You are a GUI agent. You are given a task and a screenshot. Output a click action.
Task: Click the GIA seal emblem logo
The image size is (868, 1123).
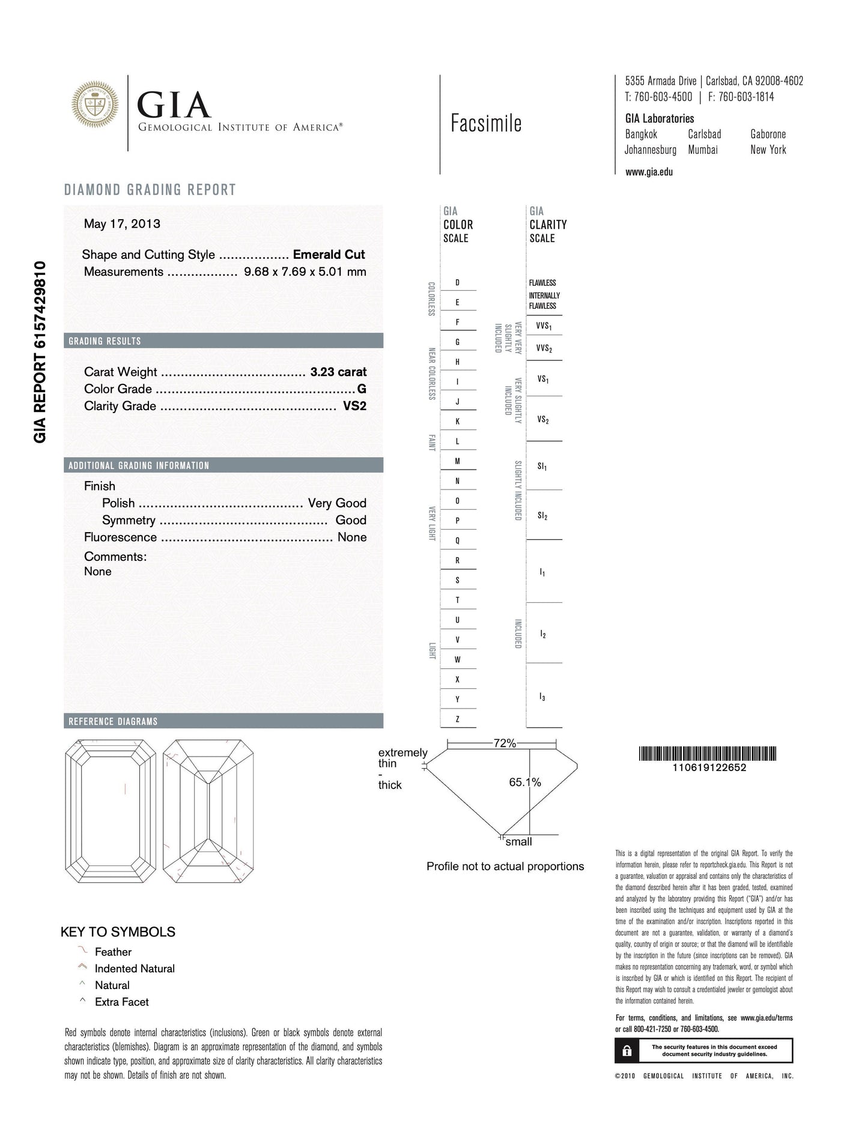[95, 104]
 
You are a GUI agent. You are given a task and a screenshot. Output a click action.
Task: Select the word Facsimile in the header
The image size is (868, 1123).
[486, 124]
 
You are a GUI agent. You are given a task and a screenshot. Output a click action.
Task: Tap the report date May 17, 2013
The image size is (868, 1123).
[122, 224]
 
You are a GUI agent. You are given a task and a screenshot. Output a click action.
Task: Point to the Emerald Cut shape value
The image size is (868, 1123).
[329, 255]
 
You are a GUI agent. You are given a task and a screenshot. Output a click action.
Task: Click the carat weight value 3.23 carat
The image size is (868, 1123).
[338, 372]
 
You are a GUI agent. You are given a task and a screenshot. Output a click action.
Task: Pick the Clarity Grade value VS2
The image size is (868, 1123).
[354, 406]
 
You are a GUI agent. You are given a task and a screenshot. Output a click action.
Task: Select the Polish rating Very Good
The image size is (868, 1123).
[337, 503]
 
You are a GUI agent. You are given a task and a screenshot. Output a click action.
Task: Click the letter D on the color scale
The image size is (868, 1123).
[458, 282]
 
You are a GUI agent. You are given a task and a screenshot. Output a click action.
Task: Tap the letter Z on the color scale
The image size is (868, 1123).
[458, 719]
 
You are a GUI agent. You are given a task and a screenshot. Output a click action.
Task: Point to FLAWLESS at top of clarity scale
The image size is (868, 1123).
[542, 283]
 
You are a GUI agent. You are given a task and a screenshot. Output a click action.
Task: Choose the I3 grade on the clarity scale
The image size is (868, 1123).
[542, 697]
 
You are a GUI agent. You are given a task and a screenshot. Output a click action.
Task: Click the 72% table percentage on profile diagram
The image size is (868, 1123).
[505, 743]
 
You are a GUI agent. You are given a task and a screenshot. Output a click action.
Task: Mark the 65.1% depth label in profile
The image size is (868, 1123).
[525, 782]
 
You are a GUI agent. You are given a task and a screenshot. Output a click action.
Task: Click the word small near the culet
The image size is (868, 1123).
[518, 842]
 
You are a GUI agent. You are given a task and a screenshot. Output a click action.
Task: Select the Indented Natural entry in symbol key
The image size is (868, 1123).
[135, 969]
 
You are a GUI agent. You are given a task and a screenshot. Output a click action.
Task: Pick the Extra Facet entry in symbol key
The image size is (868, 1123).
[121, 1002]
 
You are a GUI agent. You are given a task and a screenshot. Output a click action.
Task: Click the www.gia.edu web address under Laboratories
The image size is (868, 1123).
[649, 172]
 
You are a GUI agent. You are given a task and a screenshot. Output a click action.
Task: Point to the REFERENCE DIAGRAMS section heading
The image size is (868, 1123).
[113, 721]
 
